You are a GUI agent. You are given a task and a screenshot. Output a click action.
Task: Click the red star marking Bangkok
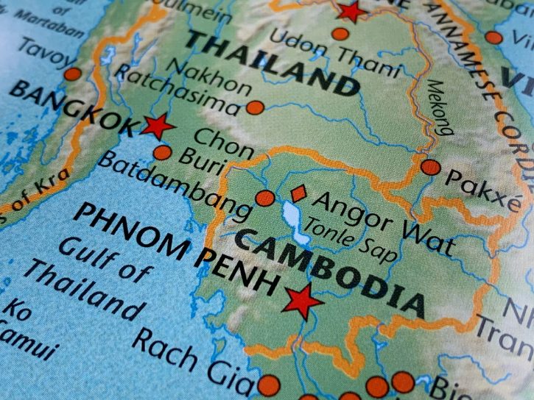tap(156, 126)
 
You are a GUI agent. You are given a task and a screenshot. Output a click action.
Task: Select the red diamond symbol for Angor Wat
tap(298, 194)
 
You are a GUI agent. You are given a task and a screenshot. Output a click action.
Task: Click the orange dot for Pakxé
tap(430, 167)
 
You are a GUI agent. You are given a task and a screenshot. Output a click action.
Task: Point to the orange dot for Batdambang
tap(264, 197)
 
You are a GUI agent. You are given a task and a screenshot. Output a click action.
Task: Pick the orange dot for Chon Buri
tap(162, 154)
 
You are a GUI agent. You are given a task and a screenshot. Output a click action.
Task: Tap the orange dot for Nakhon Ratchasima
tap(255, 108)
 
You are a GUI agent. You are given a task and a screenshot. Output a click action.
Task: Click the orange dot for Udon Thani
tap(340, 33)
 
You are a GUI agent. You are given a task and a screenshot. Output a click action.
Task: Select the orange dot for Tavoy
tap(71, 74)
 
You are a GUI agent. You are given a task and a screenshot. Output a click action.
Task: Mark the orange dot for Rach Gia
tap(269, 384)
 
